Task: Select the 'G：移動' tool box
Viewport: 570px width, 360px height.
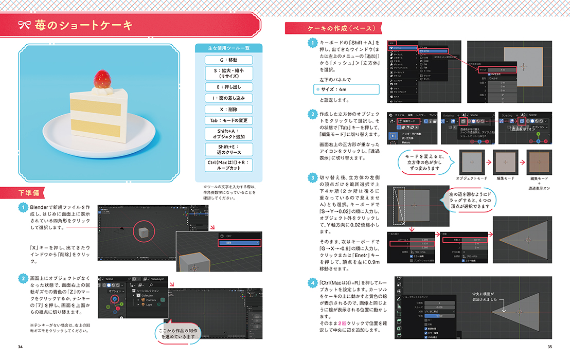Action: [x=228, y=60]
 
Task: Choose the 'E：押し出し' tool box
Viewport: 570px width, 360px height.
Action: [x=228, y=87]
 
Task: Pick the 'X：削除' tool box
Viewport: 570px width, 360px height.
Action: [x=228, y=109]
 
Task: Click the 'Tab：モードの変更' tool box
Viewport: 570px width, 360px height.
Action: [x=228, y=120]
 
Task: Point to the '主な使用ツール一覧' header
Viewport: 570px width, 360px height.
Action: [x=228, y=48]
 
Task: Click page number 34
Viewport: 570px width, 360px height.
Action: [x=21, y=347]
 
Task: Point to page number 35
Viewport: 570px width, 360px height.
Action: [x=549, y=347]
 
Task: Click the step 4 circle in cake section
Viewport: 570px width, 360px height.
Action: [x=312, y=282]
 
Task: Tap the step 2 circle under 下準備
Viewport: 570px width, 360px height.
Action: [x=23, y=278]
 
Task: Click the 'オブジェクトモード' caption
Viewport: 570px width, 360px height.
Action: [x=471, y=178]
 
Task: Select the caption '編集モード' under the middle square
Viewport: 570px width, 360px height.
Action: [x=505, y=178]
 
